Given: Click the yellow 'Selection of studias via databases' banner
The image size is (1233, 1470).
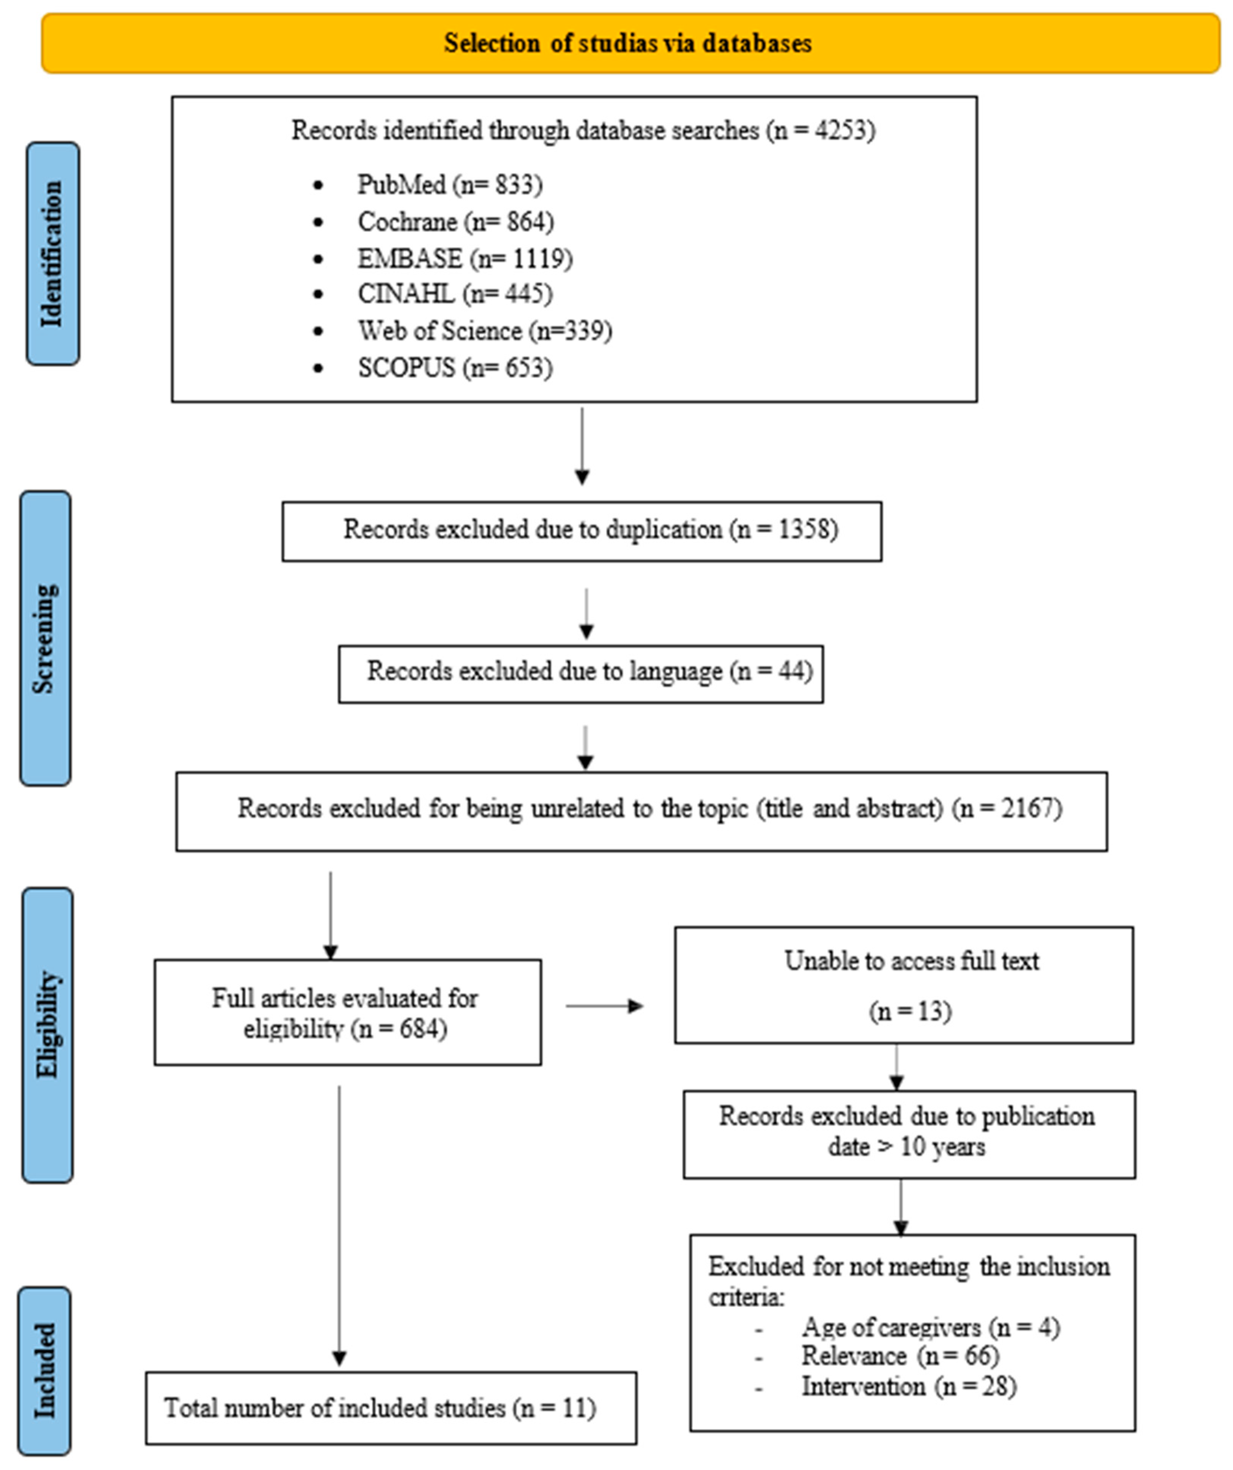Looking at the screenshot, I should tap(630, 43).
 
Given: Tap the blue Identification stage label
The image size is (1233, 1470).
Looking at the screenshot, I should tap(52, 253).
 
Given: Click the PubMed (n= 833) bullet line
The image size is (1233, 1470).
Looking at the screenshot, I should tap(449, 185).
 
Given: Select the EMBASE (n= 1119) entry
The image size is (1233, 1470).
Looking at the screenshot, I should tap(465, 259).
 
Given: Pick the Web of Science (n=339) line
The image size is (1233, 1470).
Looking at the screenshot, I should tap(484, 331).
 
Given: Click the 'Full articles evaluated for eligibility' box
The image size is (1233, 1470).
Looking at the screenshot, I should tap(347, 1012).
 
